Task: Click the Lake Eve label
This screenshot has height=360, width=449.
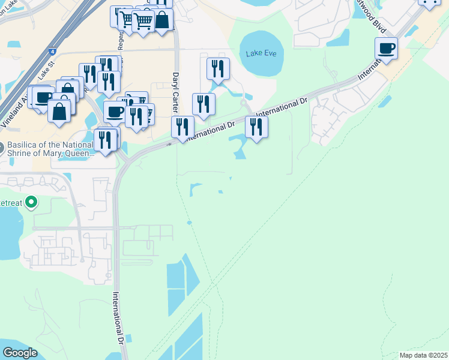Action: (261, 53)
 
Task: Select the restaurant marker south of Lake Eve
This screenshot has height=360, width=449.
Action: (217, 68)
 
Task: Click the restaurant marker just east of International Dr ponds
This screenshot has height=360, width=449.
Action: (256, 127)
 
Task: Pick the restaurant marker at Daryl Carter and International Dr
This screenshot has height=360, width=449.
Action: (182, 127)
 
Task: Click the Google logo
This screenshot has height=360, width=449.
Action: (20, 353)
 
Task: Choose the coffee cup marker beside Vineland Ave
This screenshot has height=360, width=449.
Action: (43, 97)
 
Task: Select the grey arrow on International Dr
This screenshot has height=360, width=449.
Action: (169, 143)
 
